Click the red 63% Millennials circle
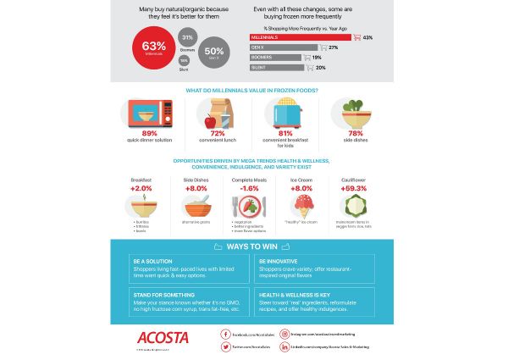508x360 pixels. point(153,47)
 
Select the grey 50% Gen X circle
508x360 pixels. point(214,50)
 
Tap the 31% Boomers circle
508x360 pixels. point(187,37)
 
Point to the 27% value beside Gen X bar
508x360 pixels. point(333,47)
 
